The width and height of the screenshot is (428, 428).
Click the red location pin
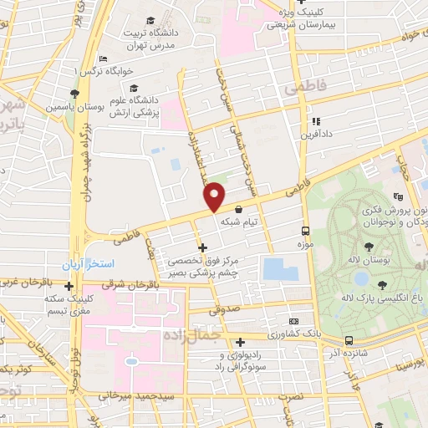tap(215, 196)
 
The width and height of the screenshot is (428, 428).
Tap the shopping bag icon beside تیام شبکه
tap(240, 210)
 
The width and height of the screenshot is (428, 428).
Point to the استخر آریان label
tap(85, 264)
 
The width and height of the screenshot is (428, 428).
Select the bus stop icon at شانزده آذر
tap(348, 340)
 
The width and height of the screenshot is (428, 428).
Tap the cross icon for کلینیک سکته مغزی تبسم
tap(69, 287)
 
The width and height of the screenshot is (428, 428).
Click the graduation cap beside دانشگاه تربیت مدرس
tap(149, 21)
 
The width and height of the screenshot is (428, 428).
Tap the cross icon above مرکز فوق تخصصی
tap(201, 247)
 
